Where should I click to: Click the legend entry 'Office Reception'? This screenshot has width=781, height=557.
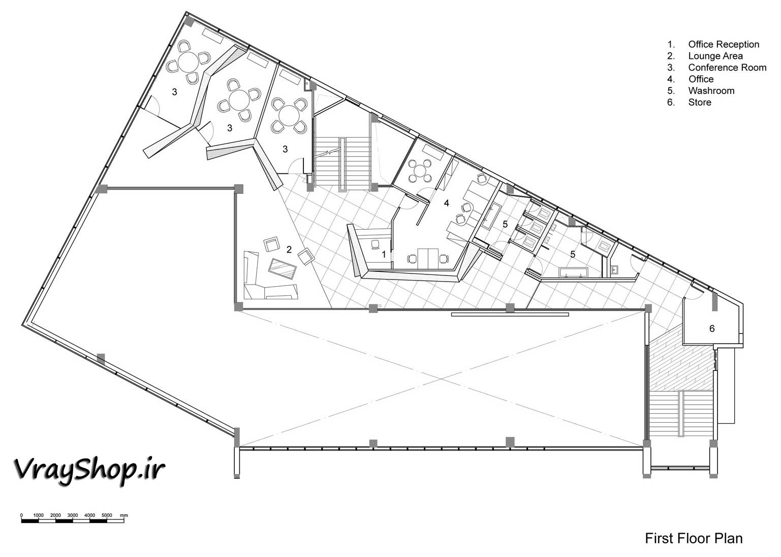724,44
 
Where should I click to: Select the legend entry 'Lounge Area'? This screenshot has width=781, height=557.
715,56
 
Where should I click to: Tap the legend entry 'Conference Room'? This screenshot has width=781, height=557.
727,67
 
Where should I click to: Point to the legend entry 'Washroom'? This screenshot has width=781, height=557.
711,90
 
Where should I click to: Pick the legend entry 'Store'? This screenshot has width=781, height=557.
699,102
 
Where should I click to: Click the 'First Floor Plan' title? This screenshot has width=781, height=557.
694,538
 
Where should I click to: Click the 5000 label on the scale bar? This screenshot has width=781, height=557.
107,515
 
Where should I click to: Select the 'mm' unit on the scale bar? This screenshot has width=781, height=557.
124,515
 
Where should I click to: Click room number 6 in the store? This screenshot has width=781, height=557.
712,328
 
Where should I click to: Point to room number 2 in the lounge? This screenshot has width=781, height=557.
289,250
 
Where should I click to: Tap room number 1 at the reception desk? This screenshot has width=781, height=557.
384,255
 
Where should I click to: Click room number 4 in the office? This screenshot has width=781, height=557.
446,203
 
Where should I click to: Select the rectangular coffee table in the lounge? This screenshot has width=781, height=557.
283,268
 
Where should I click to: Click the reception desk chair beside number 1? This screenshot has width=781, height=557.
375,244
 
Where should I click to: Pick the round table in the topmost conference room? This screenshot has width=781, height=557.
188,61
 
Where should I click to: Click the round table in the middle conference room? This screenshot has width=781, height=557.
239,100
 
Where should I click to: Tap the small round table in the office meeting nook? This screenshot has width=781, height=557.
421,171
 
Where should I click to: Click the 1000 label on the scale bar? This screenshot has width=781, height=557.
38,515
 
